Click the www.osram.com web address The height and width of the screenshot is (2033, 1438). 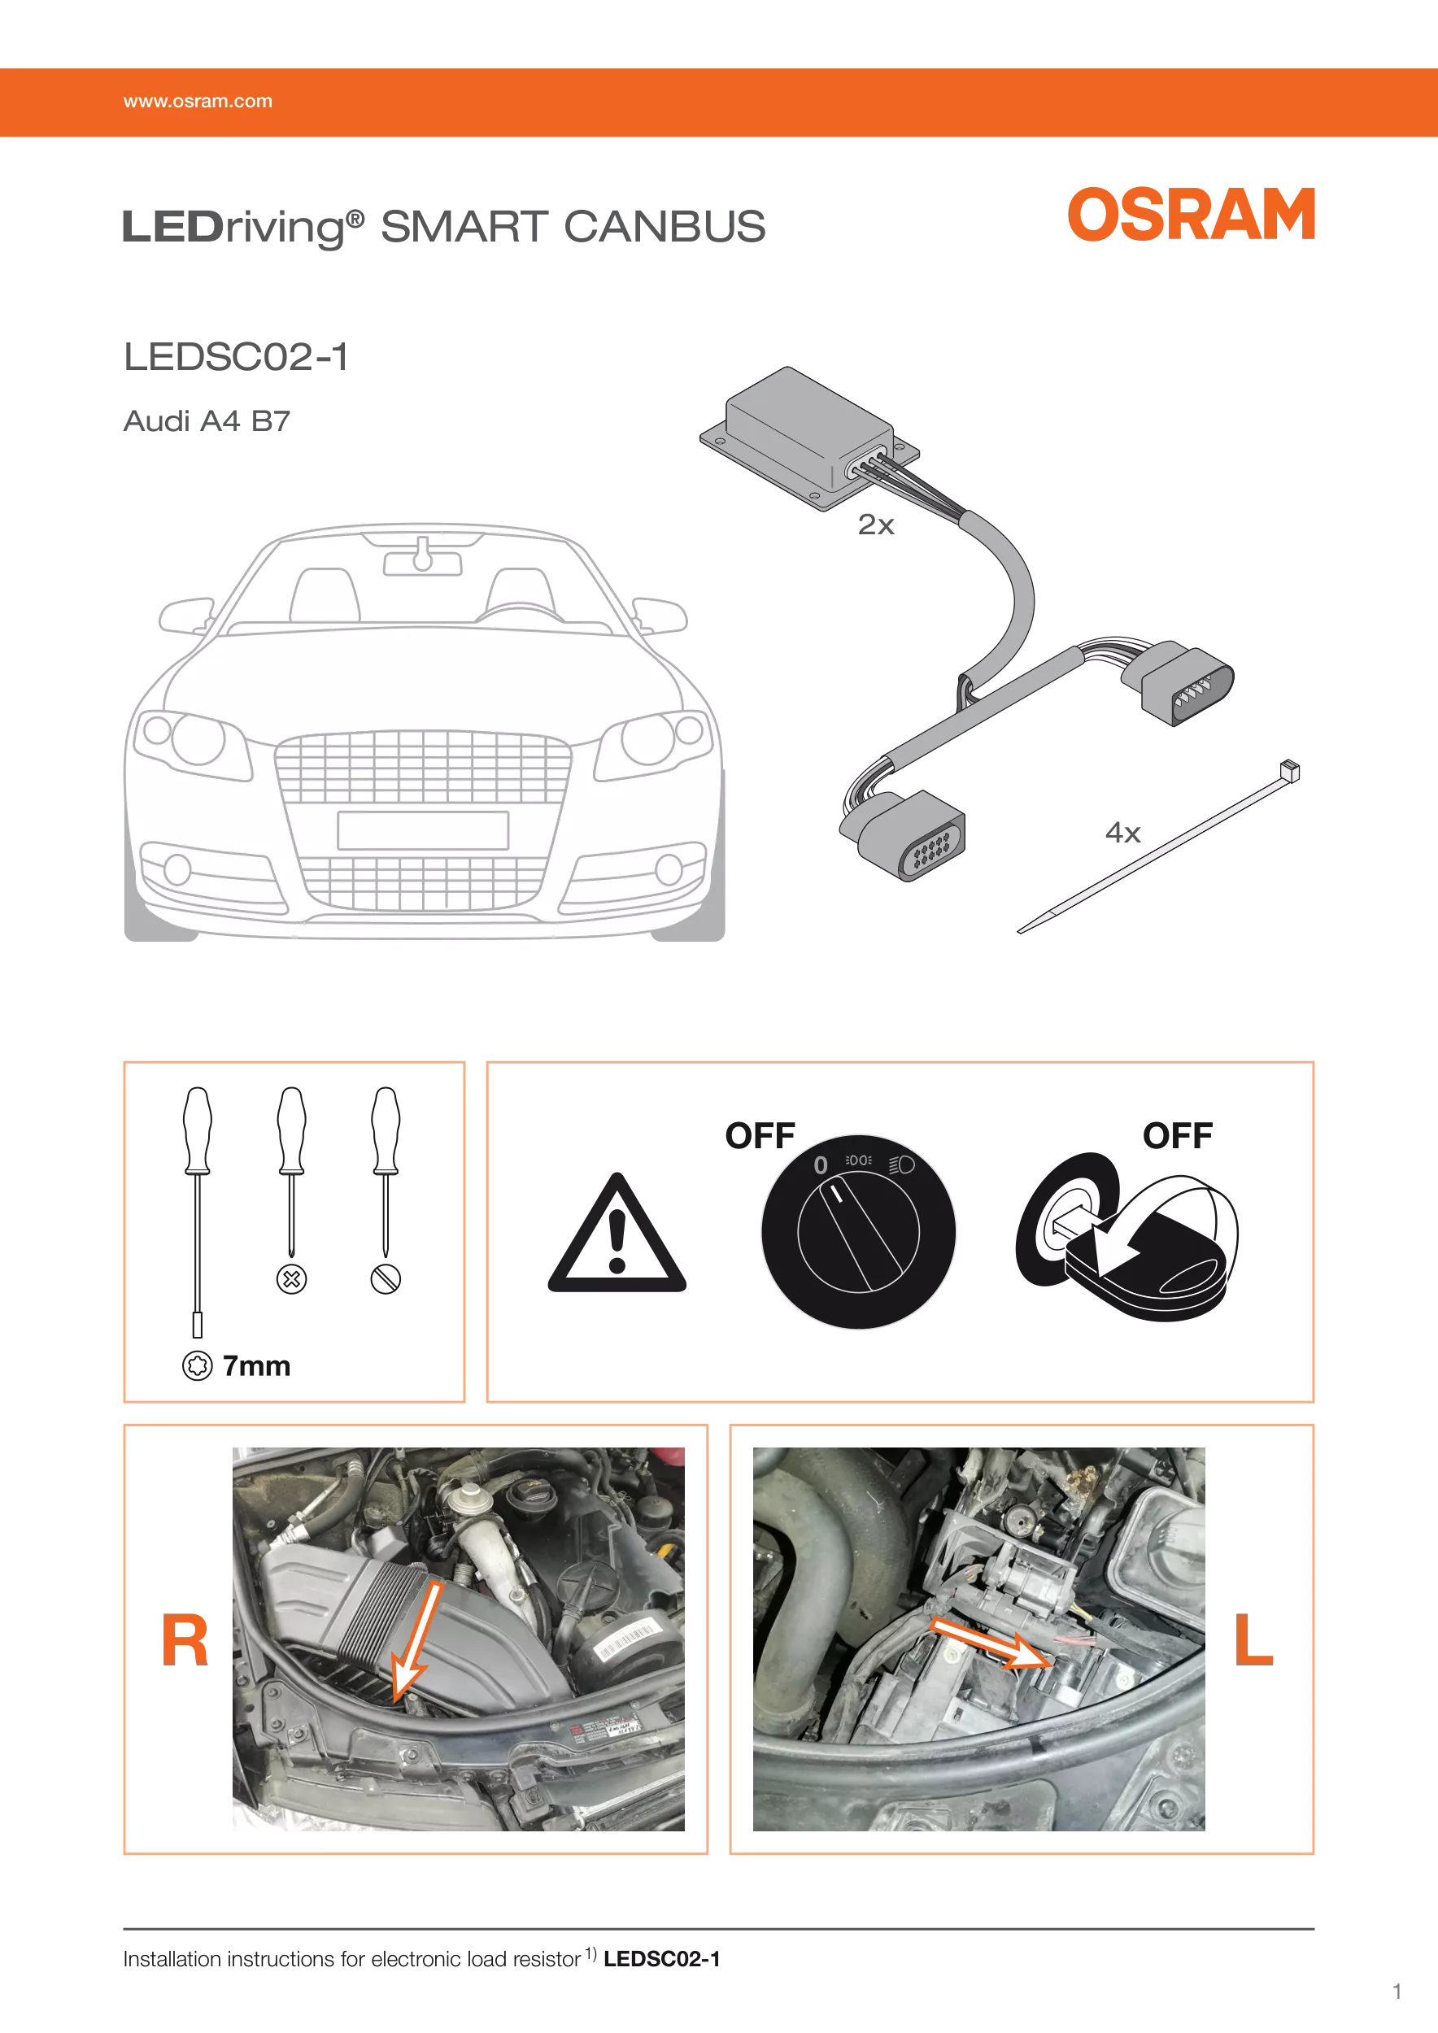click(x=198, y=101)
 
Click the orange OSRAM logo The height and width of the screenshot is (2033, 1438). click(x=1191, y=215)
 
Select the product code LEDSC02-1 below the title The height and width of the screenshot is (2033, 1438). click(x=236, y=357)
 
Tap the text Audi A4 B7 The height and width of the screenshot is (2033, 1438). click(x=207, y=420)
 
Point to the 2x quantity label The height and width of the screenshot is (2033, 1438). click(x=876, y=525)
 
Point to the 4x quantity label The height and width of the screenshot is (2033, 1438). click(x=1122, y=833)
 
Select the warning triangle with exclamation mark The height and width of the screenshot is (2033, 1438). click(x=617, y=1234)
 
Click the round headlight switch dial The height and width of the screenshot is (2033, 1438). click(x=858, y=1232)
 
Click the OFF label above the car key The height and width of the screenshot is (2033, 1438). click(x=1177, y=1135)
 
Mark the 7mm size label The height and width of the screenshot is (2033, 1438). click(x=256, y=1366)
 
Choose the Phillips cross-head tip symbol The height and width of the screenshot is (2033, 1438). click(x=291, y=1278)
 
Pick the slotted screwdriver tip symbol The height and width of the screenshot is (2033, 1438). click(x=386, y=1278)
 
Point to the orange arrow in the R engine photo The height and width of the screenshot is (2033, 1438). click(x=416, y=1641)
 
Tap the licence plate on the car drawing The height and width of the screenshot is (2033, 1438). click(x=423, y=830)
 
